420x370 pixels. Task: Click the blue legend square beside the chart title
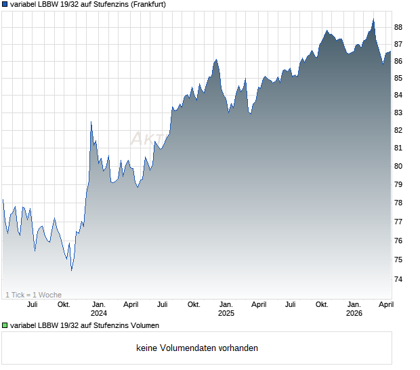[5, 4]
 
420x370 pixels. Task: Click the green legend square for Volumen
[5, 326]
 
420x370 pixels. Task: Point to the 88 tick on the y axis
[398, 27]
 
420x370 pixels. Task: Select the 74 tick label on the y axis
[398, 279]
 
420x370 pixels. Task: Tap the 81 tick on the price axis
[398, 148]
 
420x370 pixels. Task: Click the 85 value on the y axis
[398, 78]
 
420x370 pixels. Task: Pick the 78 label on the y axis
[398, 203]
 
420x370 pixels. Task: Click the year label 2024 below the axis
[99, 314]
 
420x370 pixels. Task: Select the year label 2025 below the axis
[226, 314]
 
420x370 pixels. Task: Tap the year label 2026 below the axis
[354, 314]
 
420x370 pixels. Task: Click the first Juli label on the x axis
[32, 304]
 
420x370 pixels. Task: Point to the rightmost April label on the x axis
[385, 304]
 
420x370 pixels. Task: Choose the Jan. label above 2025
[226, 304]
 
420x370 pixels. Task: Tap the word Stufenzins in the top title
[101, 4]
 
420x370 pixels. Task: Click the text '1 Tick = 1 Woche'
[33, 295]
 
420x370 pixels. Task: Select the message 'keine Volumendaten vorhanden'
[197, 348]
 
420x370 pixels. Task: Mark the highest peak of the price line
[373, 19]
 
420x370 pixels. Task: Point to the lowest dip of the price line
[72, 270]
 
